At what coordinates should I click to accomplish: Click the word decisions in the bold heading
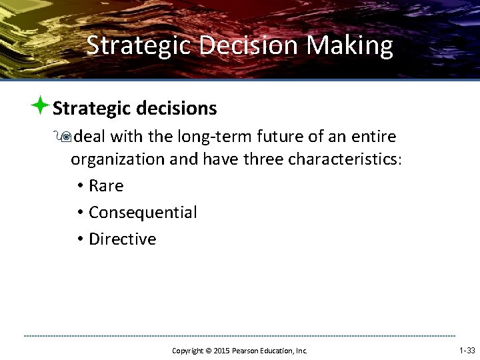[177, 108]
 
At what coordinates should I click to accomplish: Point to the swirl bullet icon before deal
[65, 137]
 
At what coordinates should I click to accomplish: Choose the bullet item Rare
[106, 186]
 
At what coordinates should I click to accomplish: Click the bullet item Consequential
[143, 213]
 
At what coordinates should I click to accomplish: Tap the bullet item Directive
[122, 239]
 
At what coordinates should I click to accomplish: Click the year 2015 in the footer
[221, 351]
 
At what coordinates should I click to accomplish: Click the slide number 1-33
[467, 350]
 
